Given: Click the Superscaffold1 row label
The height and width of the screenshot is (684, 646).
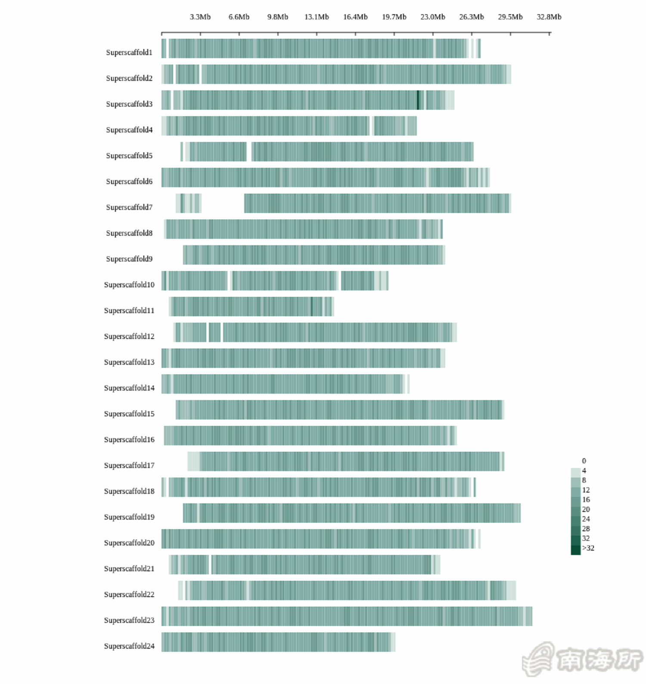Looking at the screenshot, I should [x=129, y=52].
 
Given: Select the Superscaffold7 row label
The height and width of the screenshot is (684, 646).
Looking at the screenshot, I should [x=129, y=207].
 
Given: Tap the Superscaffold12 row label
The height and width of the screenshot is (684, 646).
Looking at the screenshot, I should [x=129, y=336].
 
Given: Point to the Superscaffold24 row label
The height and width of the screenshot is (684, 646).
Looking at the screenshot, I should [x=129, y=646].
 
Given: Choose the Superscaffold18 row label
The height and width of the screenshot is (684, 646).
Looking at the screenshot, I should [x=129, y=491].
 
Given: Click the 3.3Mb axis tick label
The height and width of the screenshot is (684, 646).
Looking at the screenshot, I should [x=200, y=17].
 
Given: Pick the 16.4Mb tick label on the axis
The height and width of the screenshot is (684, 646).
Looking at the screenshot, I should [x=355, y=17].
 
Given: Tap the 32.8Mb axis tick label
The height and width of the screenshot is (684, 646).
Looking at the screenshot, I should [x=549, y=17].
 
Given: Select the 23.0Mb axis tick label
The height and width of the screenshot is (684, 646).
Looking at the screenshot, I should [x=433, y=17].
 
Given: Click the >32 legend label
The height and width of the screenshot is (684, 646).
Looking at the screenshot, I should [x=588, y=548].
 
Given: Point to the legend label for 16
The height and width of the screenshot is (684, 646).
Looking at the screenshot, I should [x=586, y=500].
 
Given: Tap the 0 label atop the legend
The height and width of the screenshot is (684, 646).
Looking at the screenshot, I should [x=584, y=461].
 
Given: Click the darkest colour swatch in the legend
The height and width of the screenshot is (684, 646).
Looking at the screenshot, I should [x=576, y=550].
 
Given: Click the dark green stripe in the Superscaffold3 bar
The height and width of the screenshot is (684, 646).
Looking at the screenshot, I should [x=418, y=100].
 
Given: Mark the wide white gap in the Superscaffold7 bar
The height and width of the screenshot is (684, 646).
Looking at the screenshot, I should [x=223, y=203].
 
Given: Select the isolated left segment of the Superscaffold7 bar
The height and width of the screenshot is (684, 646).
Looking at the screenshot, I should [x=189, y=203].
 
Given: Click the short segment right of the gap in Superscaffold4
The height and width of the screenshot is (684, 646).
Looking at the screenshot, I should [x=395, y=126].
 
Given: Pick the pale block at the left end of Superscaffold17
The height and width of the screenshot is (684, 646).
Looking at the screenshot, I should [x=194, y=462].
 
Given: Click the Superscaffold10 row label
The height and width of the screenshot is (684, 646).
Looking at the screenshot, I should [x=129, y=285].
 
